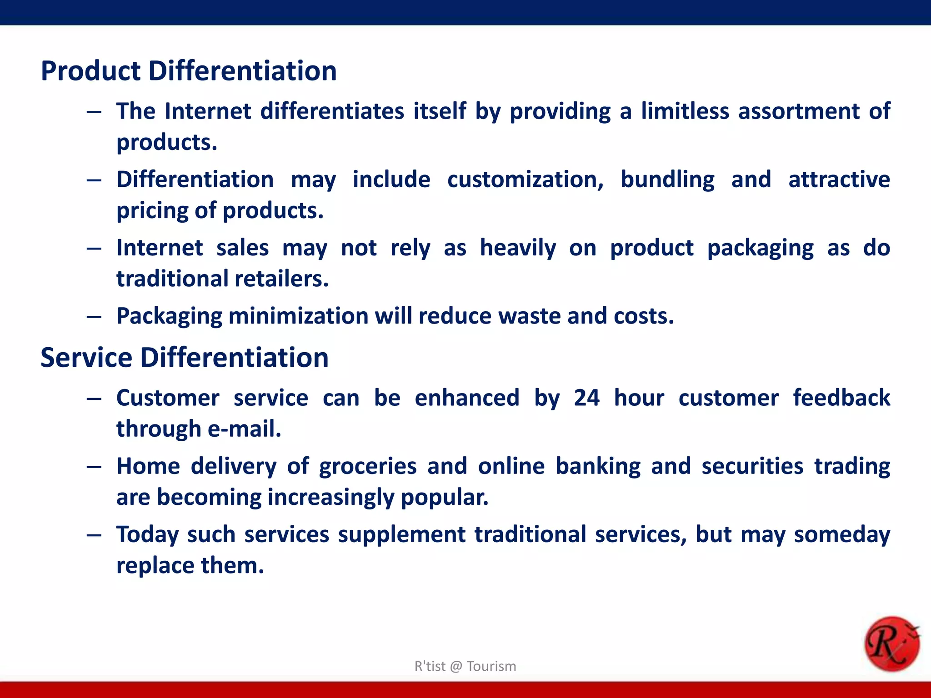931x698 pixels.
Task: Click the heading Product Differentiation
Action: [x=189, y=71]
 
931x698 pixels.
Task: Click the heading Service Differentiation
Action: [x=184, y=358]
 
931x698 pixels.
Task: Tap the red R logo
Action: [x=891, y=644]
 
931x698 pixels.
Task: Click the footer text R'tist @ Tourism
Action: [x=465, y=666]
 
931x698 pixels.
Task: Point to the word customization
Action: [x=525, y=179]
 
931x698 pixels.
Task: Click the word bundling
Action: [x=667, y=179]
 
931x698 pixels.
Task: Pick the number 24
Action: [x=586, y=398]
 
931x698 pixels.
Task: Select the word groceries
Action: [x=367, y=467]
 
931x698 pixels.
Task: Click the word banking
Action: [x=598, y=467]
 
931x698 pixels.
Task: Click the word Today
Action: [x=147, y=535]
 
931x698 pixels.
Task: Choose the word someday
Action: [x=842, y=535]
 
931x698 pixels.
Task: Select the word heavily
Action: [x=518, y=248]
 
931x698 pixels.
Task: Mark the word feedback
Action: [x=841, y=398]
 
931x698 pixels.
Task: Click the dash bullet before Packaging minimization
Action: [x=94, y=317]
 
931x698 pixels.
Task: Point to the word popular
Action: [x=444, y=498]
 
